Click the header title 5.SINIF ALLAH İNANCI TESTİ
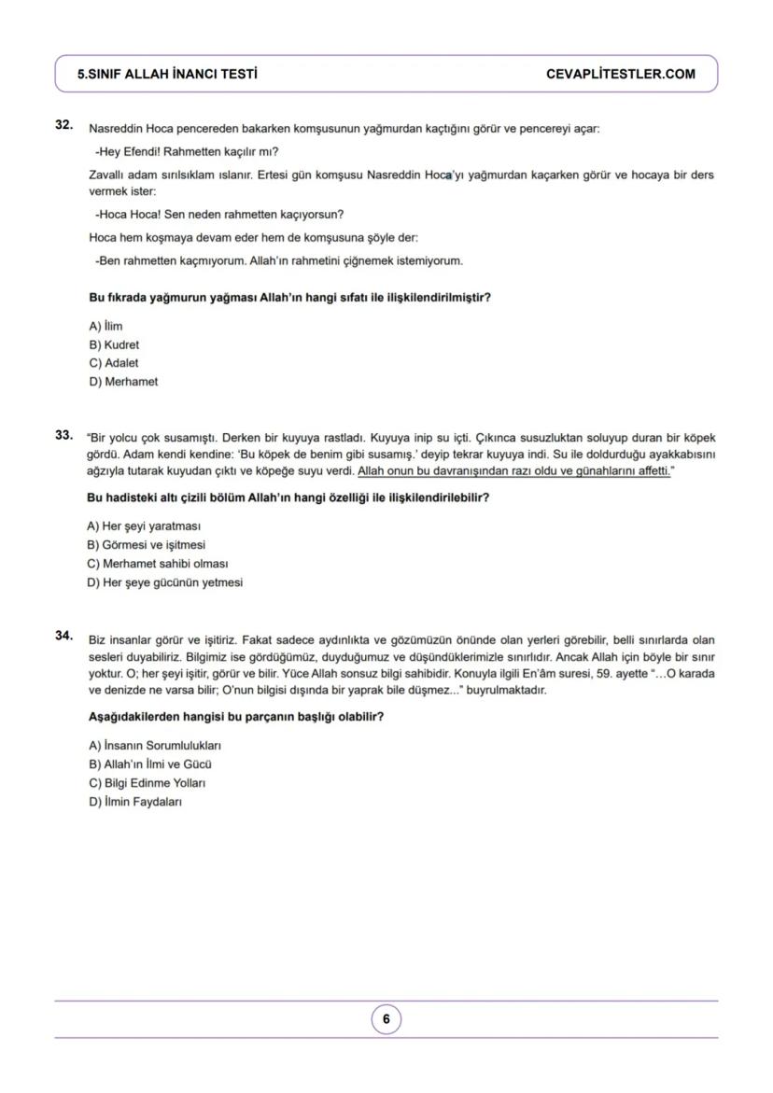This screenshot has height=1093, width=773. pos(168,75)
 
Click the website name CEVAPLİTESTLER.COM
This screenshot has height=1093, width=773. pos(620,75)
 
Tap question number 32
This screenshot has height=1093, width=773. pos(63,124)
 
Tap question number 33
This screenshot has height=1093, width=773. pos(63,435)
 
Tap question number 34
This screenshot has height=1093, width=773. pos(63,636)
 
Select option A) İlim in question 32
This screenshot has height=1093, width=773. pos(105,327)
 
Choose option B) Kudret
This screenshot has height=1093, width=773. pos(114,345)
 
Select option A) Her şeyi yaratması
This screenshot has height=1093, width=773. pos(144,526)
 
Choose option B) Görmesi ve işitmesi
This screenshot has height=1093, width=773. pos(147,545)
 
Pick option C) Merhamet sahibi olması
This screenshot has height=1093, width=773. pos(158,564)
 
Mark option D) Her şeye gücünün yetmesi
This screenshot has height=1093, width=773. pos(164,582)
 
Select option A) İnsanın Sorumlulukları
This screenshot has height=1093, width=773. pos(155,746)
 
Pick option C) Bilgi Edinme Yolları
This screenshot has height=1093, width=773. pos(147,783)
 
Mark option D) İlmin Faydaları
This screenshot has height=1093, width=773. pos(135,802)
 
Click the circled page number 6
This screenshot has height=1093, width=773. pos(386,1020)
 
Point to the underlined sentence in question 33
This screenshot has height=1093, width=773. pos(514,472)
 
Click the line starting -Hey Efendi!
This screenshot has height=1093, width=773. pos(187,152)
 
